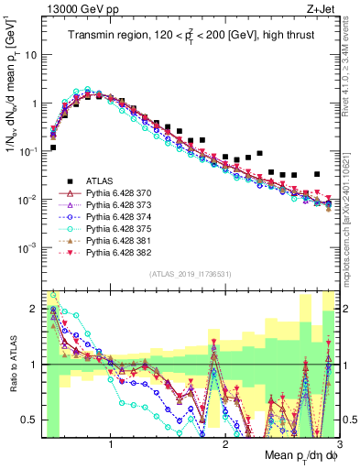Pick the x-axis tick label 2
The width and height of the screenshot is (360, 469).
click(x=225, y=444)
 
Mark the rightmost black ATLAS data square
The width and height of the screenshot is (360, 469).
click(x=317, y=174)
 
